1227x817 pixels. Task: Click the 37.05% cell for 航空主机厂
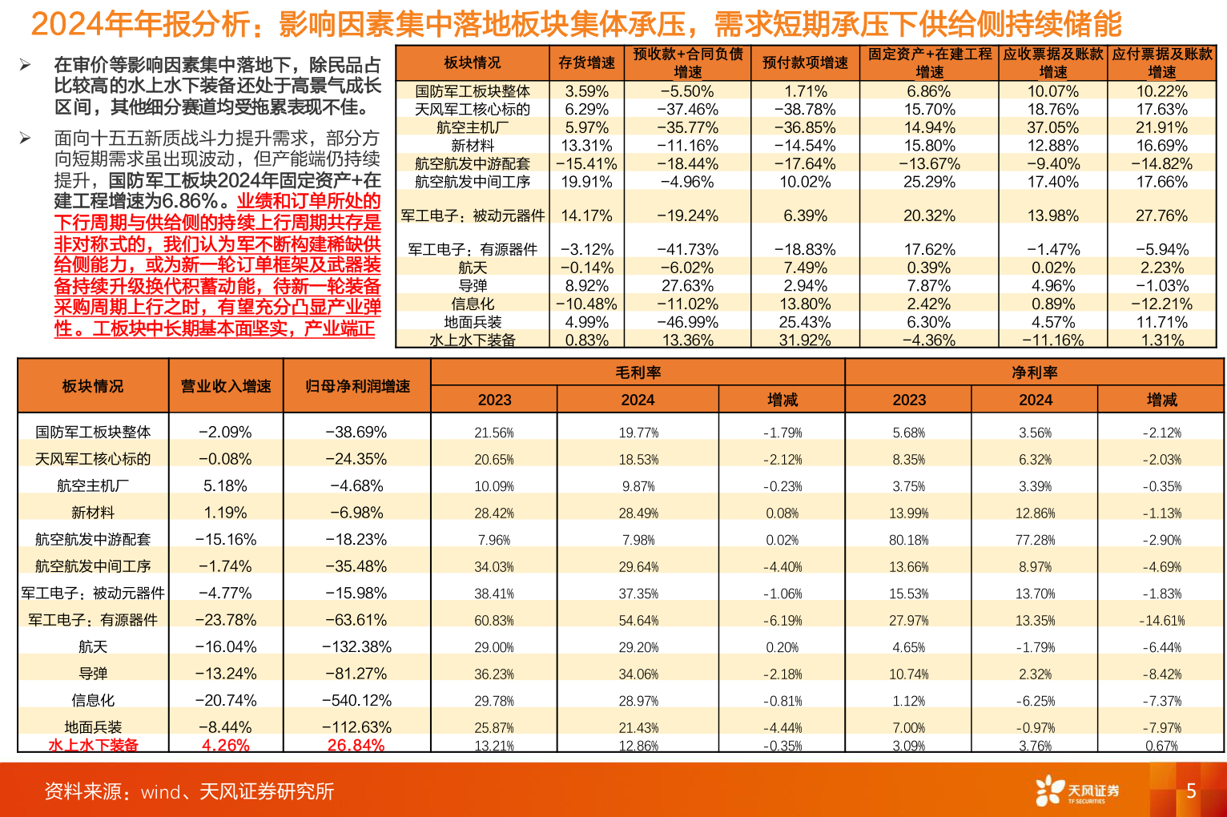pyautogui.click(x=1052, y=127)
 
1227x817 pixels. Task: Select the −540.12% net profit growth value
pyautogui.click(x=356, y=700)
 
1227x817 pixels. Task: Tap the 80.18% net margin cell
pyautogui.click(x=908, y=540)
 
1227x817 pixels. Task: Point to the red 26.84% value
pyautogui.click(x=356, y=745)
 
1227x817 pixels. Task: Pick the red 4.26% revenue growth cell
pyautogui.click(x=225, y=745)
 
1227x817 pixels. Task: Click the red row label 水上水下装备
pyautogui.click(x=93, y=745)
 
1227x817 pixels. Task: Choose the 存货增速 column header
pyautogui.click(x=586, y=62)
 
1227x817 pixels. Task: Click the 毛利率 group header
pyautogui.click(x=638, y=372)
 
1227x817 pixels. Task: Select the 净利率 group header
pyautogui.click(x=1034, y=372)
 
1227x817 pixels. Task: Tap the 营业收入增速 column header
pyautogui.click(x=225, y=386)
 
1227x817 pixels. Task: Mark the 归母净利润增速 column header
pyautogui.click(x=357, y=386)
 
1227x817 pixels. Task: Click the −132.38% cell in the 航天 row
pyautogui.click(x=356, y=646)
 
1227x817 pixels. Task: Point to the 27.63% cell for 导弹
pyautogui.click(x=687, y=286)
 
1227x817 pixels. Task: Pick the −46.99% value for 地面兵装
pyautogui.click(x=687, y=322)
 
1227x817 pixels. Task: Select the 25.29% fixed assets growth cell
pyautogui.click(x=929, y=182)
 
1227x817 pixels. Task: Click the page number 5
pyautogui.click(x=1190, y=791)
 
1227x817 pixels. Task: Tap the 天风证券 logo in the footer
pyautogui.click(x=1077, y=791)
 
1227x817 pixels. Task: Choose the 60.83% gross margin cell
pyautogui.click(x=493, y=621)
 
